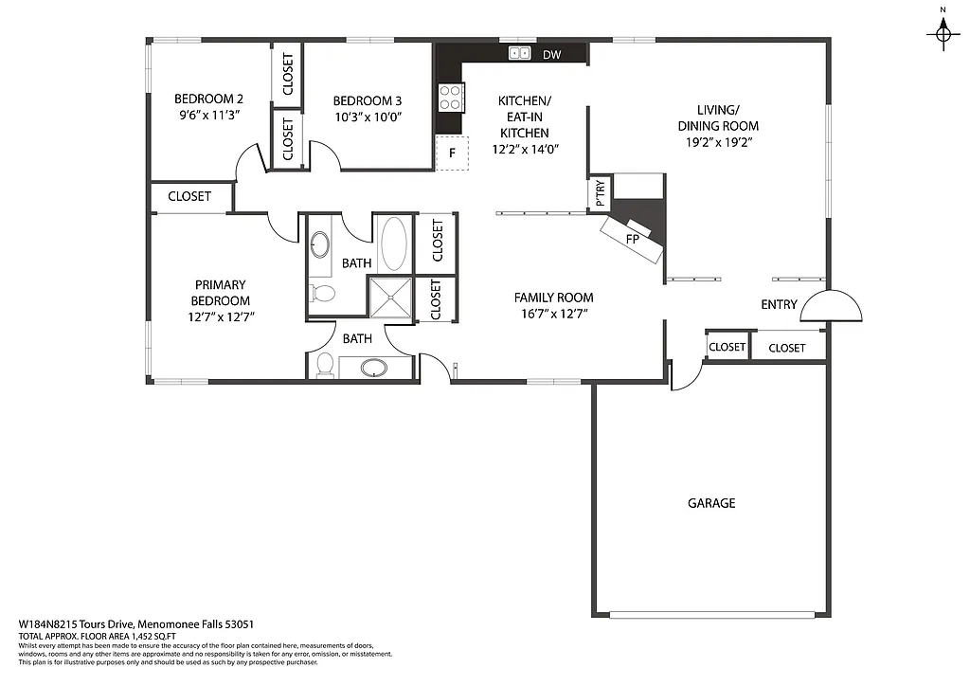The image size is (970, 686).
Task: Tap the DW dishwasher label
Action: coord(552,55)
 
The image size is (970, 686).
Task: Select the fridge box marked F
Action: coord(453,153)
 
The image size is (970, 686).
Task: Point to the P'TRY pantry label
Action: coord(601,193)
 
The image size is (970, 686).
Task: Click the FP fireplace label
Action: coord(632,239)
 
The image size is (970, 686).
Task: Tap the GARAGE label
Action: coord(711,503)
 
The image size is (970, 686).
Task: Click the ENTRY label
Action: coord(780,305)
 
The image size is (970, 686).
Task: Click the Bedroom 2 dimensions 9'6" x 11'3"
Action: coord(208,116)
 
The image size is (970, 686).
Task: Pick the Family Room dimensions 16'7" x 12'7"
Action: coord(555,314)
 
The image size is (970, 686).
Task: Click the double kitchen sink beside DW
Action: coord(519,54)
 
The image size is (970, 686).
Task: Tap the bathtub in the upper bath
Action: coord(392,242)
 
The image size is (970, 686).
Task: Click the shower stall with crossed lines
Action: coord(390,296)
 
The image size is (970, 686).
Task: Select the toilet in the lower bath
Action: coord(324,364)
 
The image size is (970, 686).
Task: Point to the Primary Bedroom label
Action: coord(220,293)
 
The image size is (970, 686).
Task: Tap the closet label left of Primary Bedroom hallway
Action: coord(189,197)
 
